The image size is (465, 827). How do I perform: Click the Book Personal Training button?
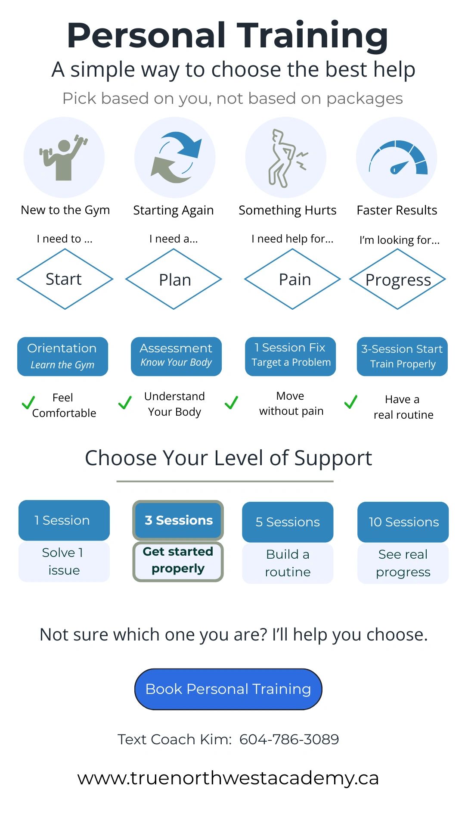point(228,689)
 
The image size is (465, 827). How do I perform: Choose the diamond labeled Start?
point(65,279)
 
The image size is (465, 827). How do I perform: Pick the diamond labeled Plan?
point(174,279)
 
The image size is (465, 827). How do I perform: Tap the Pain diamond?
point(292,279)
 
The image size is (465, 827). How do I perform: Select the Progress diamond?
point(397,279)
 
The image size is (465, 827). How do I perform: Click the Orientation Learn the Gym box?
point(62,356)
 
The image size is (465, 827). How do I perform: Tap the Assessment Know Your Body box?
point(176,356)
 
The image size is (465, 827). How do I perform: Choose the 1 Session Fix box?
point(290,356)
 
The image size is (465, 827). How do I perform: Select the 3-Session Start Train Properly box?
point(402,356)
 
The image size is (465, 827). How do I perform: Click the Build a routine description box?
point(288,563)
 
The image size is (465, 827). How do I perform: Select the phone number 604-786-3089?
point(289,739)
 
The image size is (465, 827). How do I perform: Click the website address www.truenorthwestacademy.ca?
point(228,778)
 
